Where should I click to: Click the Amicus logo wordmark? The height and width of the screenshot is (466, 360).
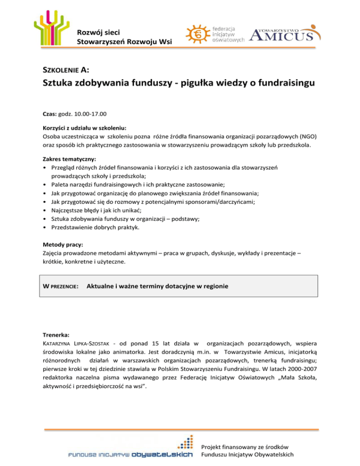click(285, 35)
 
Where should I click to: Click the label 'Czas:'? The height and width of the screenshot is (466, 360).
click(49, 113)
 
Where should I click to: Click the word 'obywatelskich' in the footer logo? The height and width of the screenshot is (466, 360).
click(162, 454)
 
